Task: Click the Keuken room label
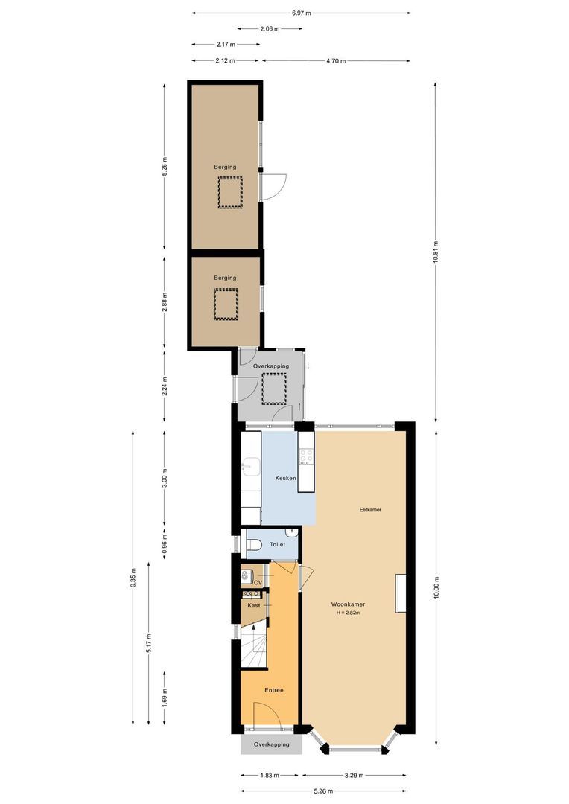286,478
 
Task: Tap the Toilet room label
278,545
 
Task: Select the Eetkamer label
369,509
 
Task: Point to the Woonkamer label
348,604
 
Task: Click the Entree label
273,690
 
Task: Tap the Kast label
254,606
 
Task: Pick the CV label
258,582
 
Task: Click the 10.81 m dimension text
435,254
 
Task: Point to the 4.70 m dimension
336,61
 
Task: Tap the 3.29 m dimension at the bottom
355,775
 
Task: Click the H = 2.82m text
348,613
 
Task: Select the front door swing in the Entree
267,715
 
